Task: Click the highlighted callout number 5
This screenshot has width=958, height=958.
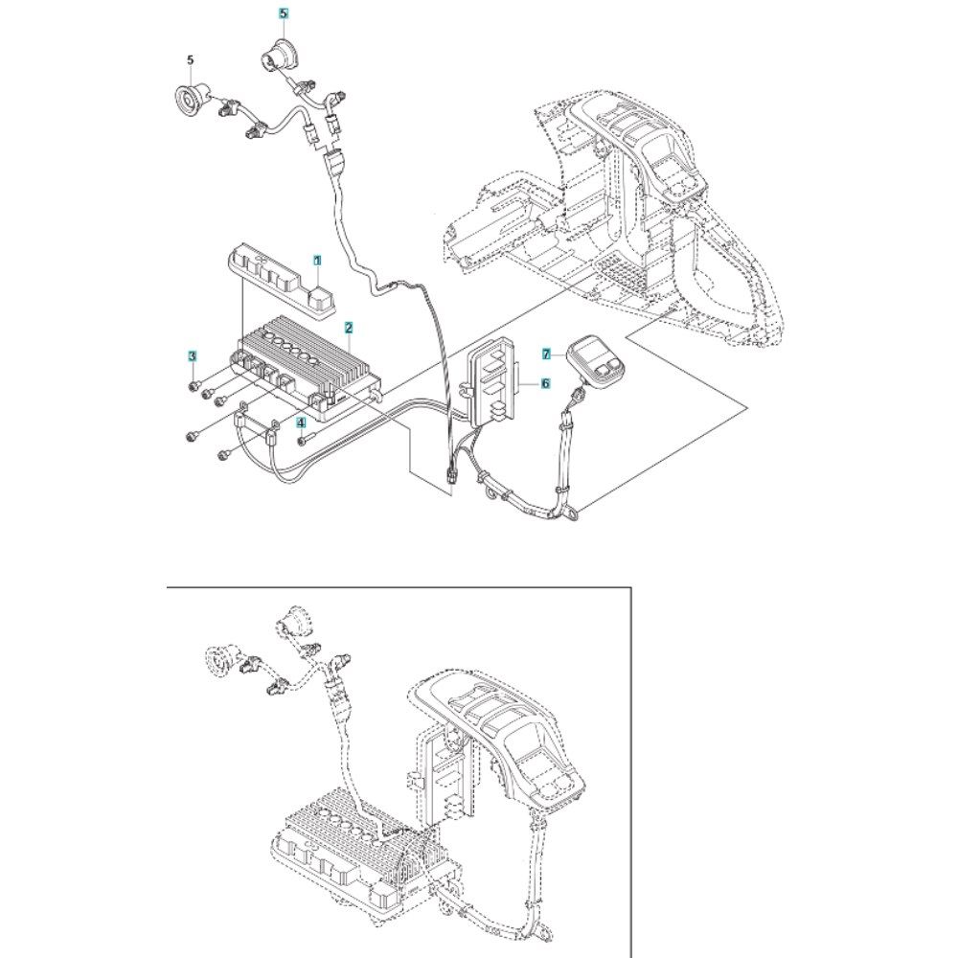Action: (283, 12)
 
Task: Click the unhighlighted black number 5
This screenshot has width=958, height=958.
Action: (190, 59)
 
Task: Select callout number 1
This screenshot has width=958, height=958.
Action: (317, 261)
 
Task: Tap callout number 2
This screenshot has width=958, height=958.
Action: (349, 328)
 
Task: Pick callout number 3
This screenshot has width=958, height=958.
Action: (193, 355)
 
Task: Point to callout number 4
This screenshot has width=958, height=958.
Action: (301, 422)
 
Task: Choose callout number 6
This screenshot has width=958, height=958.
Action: (546, 383)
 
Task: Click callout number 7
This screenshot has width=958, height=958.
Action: (547, 354)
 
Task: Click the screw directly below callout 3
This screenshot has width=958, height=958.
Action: (193, 385)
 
